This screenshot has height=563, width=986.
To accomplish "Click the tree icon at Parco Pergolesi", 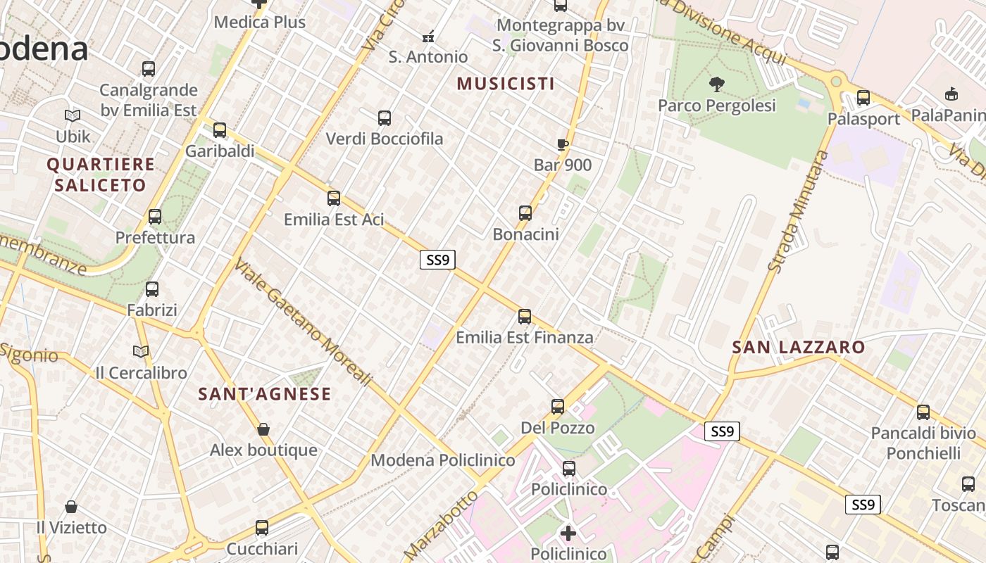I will (x=716, y=85).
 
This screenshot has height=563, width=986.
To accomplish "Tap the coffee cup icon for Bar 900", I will (x=562, y=145).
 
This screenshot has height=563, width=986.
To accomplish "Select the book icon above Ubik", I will (x=73, y=115).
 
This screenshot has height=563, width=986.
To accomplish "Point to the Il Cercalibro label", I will (x=142, y=373).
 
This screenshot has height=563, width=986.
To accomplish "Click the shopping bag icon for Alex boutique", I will (x=263, y=429).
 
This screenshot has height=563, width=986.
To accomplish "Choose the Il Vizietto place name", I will (x=72, y=527).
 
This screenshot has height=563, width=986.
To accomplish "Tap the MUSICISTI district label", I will (x=506, y=84).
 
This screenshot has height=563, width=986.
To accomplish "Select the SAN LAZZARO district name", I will (x=798, y=347).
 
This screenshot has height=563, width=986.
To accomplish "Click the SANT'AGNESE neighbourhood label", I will (x=264, y=394).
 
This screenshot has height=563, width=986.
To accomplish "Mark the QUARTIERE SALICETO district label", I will (x=100, y=175).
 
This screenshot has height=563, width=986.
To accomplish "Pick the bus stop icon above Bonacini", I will (x=525, y=213).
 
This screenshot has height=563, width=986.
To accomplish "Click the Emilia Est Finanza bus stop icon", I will (x=525, y=317).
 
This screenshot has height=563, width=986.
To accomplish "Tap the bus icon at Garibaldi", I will (x=220, y=130).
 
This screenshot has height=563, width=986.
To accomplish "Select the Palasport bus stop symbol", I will (x=863, y=98).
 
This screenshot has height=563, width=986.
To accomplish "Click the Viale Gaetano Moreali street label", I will (x=303, y=323).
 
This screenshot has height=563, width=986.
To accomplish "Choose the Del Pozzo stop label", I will (x=558, y=428).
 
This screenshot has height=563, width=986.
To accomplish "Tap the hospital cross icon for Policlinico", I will (x=568, y=533).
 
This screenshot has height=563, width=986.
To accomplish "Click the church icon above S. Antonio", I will (x=428, y=36).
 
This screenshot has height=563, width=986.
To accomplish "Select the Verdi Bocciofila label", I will (x=385, y=139).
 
